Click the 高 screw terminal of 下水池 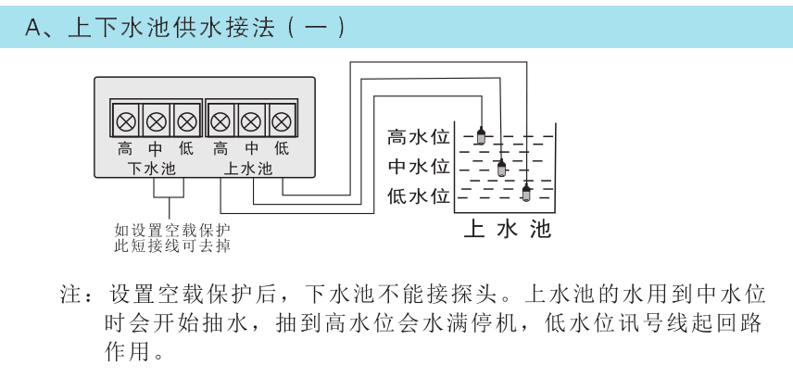pos(125,122)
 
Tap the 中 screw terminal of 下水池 pos(157,122)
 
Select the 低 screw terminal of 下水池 pos(187,122)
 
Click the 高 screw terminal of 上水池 pos(220,122)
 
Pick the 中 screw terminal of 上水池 pos(250,122)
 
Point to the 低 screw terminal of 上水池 pos(282,122)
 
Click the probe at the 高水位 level pos(481,135)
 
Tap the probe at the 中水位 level pos(501,168)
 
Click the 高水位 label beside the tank pos(418,137)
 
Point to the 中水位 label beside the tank pos(418,167)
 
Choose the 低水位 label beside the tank pos(418,195)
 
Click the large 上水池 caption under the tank pos(508,229)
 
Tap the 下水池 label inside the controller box pos(151,169)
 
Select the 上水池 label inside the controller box pos(248,169)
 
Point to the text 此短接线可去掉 pos(173,246)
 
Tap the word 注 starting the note pos(69,295)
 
